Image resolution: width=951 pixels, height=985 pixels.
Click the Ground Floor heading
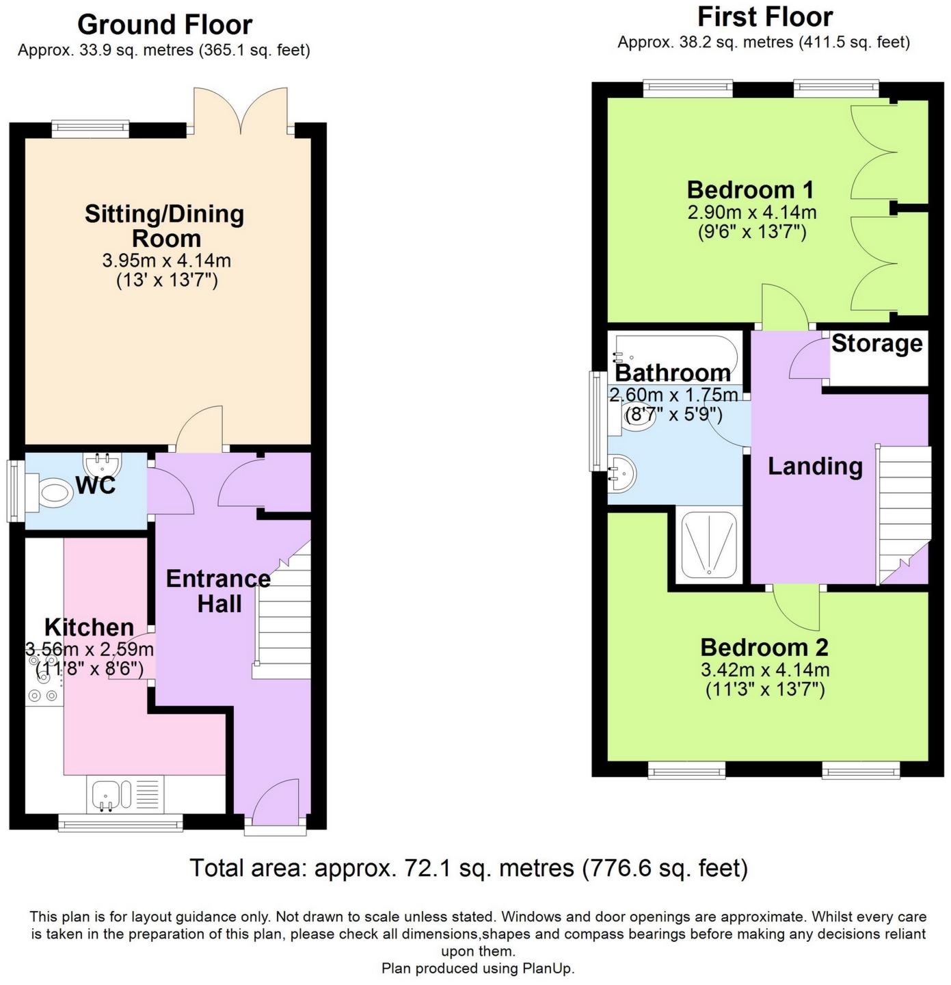(165, 25)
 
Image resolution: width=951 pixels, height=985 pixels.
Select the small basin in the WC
(103, 462)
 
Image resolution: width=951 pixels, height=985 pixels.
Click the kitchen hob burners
(44, 679)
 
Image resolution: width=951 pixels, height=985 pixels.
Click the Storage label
(876, 343)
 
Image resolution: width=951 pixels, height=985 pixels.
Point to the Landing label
(815, 466)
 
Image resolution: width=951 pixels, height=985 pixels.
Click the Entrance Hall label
(219, 591)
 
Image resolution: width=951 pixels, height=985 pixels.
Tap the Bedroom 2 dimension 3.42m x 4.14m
(765, 670)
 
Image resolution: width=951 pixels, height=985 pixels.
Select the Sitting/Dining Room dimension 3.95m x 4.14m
(166, 261)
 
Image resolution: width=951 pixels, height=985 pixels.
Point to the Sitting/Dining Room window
(90, 129)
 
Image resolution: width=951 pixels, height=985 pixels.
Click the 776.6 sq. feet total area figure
(664, 868)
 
